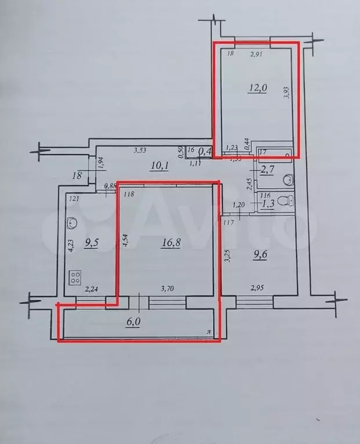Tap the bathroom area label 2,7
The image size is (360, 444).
point(267,170)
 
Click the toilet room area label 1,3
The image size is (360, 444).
point(267,203)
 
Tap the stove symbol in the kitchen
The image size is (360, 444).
point(75,278)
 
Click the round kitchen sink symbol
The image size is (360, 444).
point(72,222)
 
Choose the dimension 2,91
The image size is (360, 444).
point(257,54)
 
